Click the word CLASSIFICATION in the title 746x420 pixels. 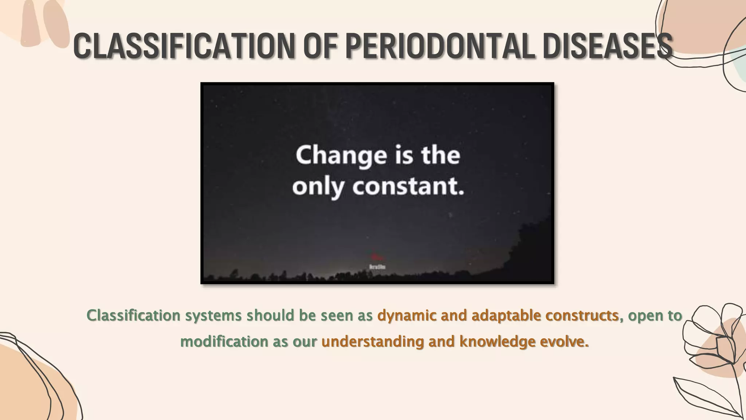click(184, 46)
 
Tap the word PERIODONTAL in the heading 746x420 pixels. click(440, 46)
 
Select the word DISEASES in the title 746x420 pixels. click(607, 46)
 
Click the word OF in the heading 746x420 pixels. click(320, 46)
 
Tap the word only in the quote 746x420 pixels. click(318, 187)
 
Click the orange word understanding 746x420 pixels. click(373, 342)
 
